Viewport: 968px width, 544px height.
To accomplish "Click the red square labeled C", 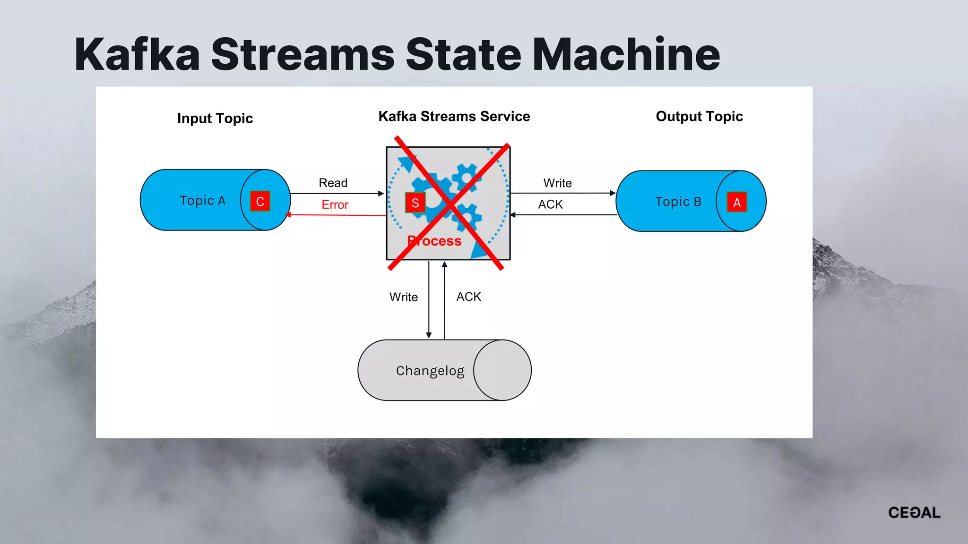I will pos(259,202).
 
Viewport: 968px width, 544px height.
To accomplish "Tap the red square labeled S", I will pos(415,203).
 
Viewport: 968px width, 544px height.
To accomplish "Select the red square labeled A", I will pos(736,203).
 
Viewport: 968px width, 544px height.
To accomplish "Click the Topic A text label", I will pos(202,201).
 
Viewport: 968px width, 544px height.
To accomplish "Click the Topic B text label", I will pos(678,202).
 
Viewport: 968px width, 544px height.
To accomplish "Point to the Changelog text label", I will pos(430,371).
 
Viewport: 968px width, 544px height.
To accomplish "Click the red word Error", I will pos(335,205).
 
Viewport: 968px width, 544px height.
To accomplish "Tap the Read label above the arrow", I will pos(333,183).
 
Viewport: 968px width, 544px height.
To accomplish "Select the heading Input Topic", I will pos(215,119).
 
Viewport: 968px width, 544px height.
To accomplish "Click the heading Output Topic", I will pos(699,117).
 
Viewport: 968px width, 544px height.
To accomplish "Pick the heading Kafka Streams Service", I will pos(454,117).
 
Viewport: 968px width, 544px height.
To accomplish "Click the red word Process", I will pos(434,241).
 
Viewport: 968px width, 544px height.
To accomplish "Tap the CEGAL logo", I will pos(914,513).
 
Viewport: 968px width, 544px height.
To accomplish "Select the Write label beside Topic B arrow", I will pos(557,183).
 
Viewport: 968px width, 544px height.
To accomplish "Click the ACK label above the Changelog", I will pos(468,297).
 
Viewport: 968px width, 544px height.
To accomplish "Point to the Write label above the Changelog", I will pos(403,297).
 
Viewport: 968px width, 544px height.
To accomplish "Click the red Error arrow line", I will pos(336,215).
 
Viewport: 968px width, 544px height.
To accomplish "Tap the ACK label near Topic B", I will pos(550,205).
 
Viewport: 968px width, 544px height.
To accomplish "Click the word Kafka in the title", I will pos(137,55).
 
